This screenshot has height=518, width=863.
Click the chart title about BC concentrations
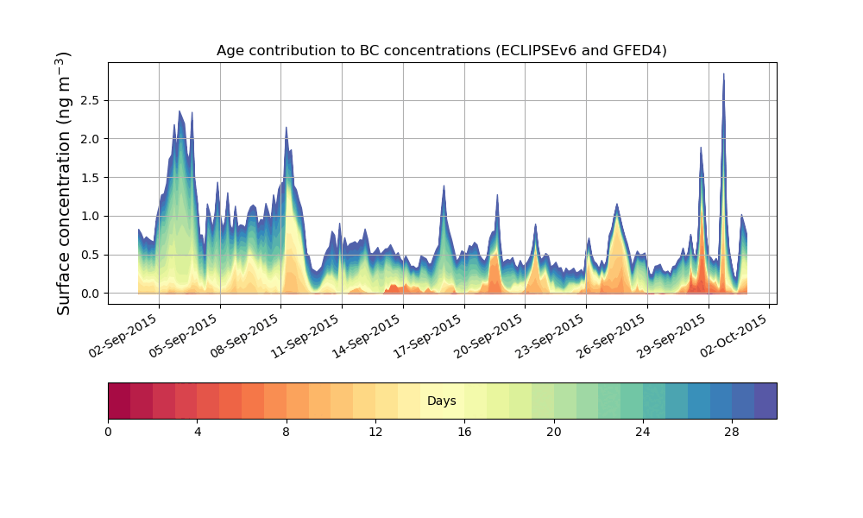441,51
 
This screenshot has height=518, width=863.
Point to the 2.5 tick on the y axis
89,100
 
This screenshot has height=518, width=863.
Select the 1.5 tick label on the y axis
89,177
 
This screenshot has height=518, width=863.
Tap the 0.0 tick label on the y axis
89,294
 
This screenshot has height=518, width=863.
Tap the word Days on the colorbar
441,401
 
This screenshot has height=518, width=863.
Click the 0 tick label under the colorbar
108,432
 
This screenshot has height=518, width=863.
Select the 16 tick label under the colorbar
464,432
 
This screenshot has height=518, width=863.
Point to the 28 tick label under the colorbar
732,432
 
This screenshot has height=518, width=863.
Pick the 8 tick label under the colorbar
286,432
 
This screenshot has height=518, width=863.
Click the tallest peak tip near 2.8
723,74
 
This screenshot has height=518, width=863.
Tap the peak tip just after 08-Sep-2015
286,128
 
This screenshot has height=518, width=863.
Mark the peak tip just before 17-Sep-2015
444,186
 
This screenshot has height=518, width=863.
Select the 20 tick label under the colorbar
553,432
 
